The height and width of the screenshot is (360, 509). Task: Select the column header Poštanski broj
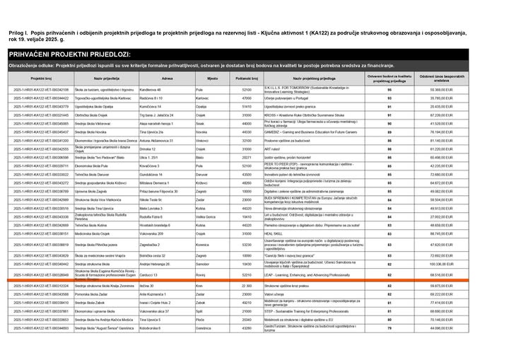(247, 78)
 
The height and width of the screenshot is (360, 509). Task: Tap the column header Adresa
(167, 78)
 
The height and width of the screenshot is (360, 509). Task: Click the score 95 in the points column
(390, 90)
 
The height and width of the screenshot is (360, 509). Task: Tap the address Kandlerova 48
(151, 90)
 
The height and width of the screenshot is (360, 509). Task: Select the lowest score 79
(390, 328)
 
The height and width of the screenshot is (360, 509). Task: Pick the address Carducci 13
(149, 274)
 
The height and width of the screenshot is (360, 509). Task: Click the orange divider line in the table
(255, 281)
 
